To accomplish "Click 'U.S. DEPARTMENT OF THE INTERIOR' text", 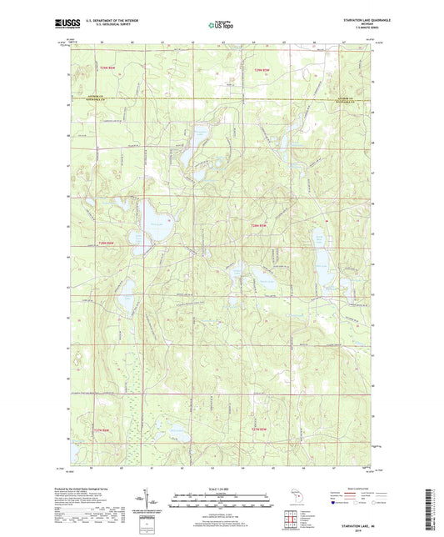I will coord(111,21).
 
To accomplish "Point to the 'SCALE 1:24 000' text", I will coord(221,489).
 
